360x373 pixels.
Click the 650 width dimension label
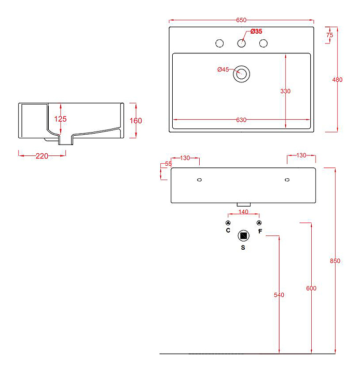point(241,20)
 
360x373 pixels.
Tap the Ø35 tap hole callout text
point(256,32)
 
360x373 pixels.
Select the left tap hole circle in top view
point(219,44)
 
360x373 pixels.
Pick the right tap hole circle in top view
point(264,44)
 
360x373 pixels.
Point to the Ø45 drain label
point(223,69)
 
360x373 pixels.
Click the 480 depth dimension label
point(337,80)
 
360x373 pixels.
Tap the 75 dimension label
point(330,35)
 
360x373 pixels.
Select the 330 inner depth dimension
point(285,91)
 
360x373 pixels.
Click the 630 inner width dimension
point(241,120)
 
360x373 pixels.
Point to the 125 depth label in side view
point(60,119)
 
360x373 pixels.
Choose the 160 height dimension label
point(136,121)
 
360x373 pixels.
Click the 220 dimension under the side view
point(42,156)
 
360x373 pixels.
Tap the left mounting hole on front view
point(199,180)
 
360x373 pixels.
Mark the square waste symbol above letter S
point(243,236)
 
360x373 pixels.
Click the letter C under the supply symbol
point(228,230)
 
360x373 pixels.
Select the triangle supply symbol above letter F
point(259,223)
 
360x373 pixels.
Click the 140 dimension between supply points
point(243,212)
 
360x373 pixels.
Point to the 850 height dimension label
point(335,261)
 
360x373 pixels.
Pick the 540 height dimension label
point(279,295)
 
